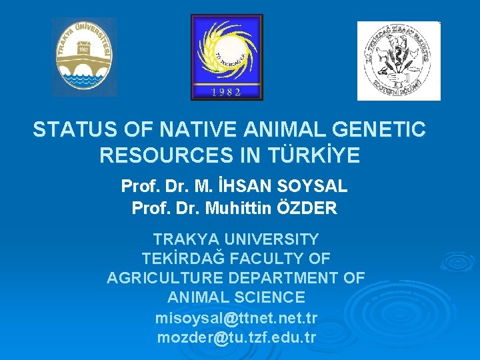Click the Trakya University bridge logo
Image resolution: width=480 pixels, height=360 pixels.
84,57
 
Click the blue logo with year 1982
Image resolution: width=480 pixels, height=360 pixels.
227,57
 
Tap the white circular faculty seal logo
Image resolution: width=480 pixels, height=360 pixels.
398,61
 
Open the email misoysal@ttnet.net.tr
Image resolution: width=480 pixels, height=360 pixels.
236,317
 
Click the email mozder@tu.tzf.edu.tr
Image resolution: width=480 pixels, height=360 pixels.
236,337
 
